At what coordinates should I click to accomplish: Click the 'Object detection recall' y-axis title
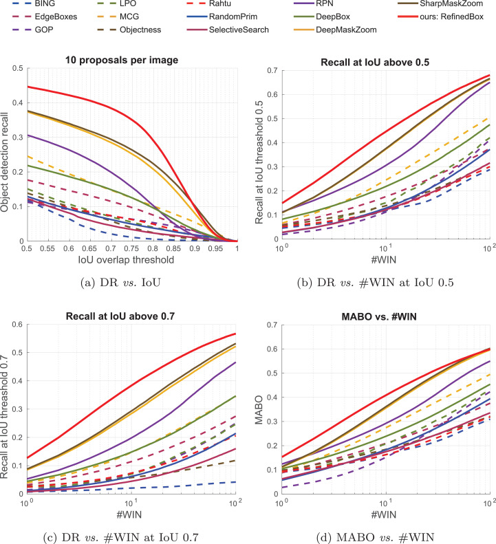coord(7,155)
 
